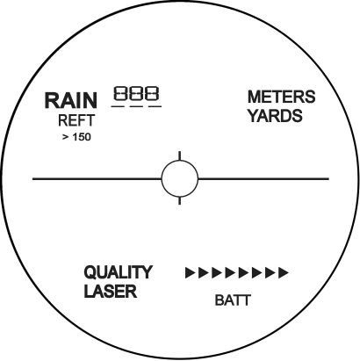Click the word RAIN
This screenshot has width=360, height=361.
point(70,100)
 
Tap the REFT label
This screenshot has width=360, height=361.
point(76,120)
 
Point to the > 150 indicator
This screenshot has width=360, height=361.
point(76,137)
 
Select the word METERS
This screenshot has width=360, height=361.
point(281,97)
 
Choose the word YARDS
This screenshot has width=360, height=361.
point(275,115)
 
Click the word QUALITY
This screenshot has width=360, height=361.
point(119,272)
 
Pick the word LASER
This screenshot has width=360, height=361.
point(111,292)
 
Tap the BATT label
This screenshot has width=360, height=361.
point(233,300)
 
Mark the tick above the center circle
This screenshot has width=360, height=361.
point(180,155)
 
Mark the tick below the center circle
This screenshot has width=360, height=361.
point(180,201)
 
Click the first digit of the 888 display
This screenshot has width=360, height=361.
point(120,93)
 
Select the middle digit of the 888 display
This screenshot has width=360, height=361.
point(136,93)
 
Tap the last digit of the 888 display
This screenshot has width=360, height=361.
point(153,93)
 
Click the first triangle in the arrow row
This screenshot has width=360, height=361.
point(191,272)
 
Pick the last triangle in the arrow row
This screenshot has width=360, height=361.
point(284,272)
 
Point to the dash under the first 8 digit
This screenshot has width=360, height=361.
point(118,106)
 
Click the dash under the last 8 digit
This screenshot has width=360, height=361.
point(155,106)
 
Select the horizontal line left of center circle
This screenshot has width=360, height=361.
point(97,178)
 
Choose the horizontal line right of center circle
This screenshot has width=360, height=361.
point(263,178)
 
